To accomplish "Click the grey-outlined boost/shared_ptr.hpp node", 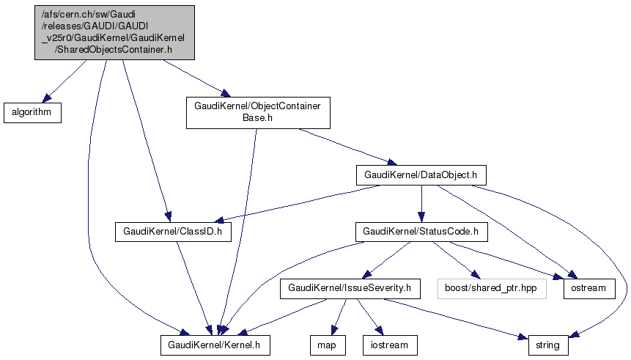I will tap(491, 288).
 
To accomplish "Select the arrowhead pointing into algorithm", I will tap(45, 99).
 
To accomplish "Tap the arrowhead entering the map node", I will tap(333, 331).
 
